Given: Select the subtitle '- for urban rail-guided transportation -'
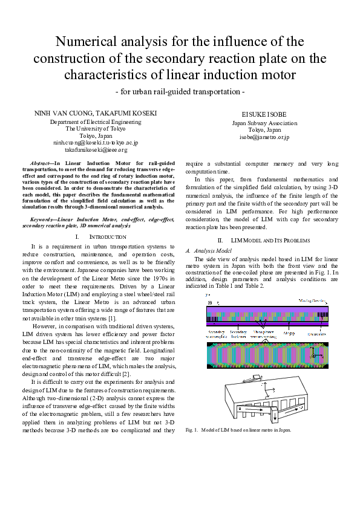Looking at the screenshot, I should pos(180,92).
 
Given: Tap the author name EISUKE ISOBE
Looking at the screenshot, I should pos(264,114).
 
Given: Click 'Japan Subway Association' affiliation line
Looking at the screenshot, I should pos(264,123).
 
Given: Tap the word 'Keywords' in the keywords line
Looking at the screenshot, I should pos(44,218).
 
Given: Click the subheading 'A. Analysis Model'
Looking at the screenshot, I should pos(208,250).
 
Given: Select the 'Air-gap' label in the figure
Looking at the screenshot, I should pos(289,332).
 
